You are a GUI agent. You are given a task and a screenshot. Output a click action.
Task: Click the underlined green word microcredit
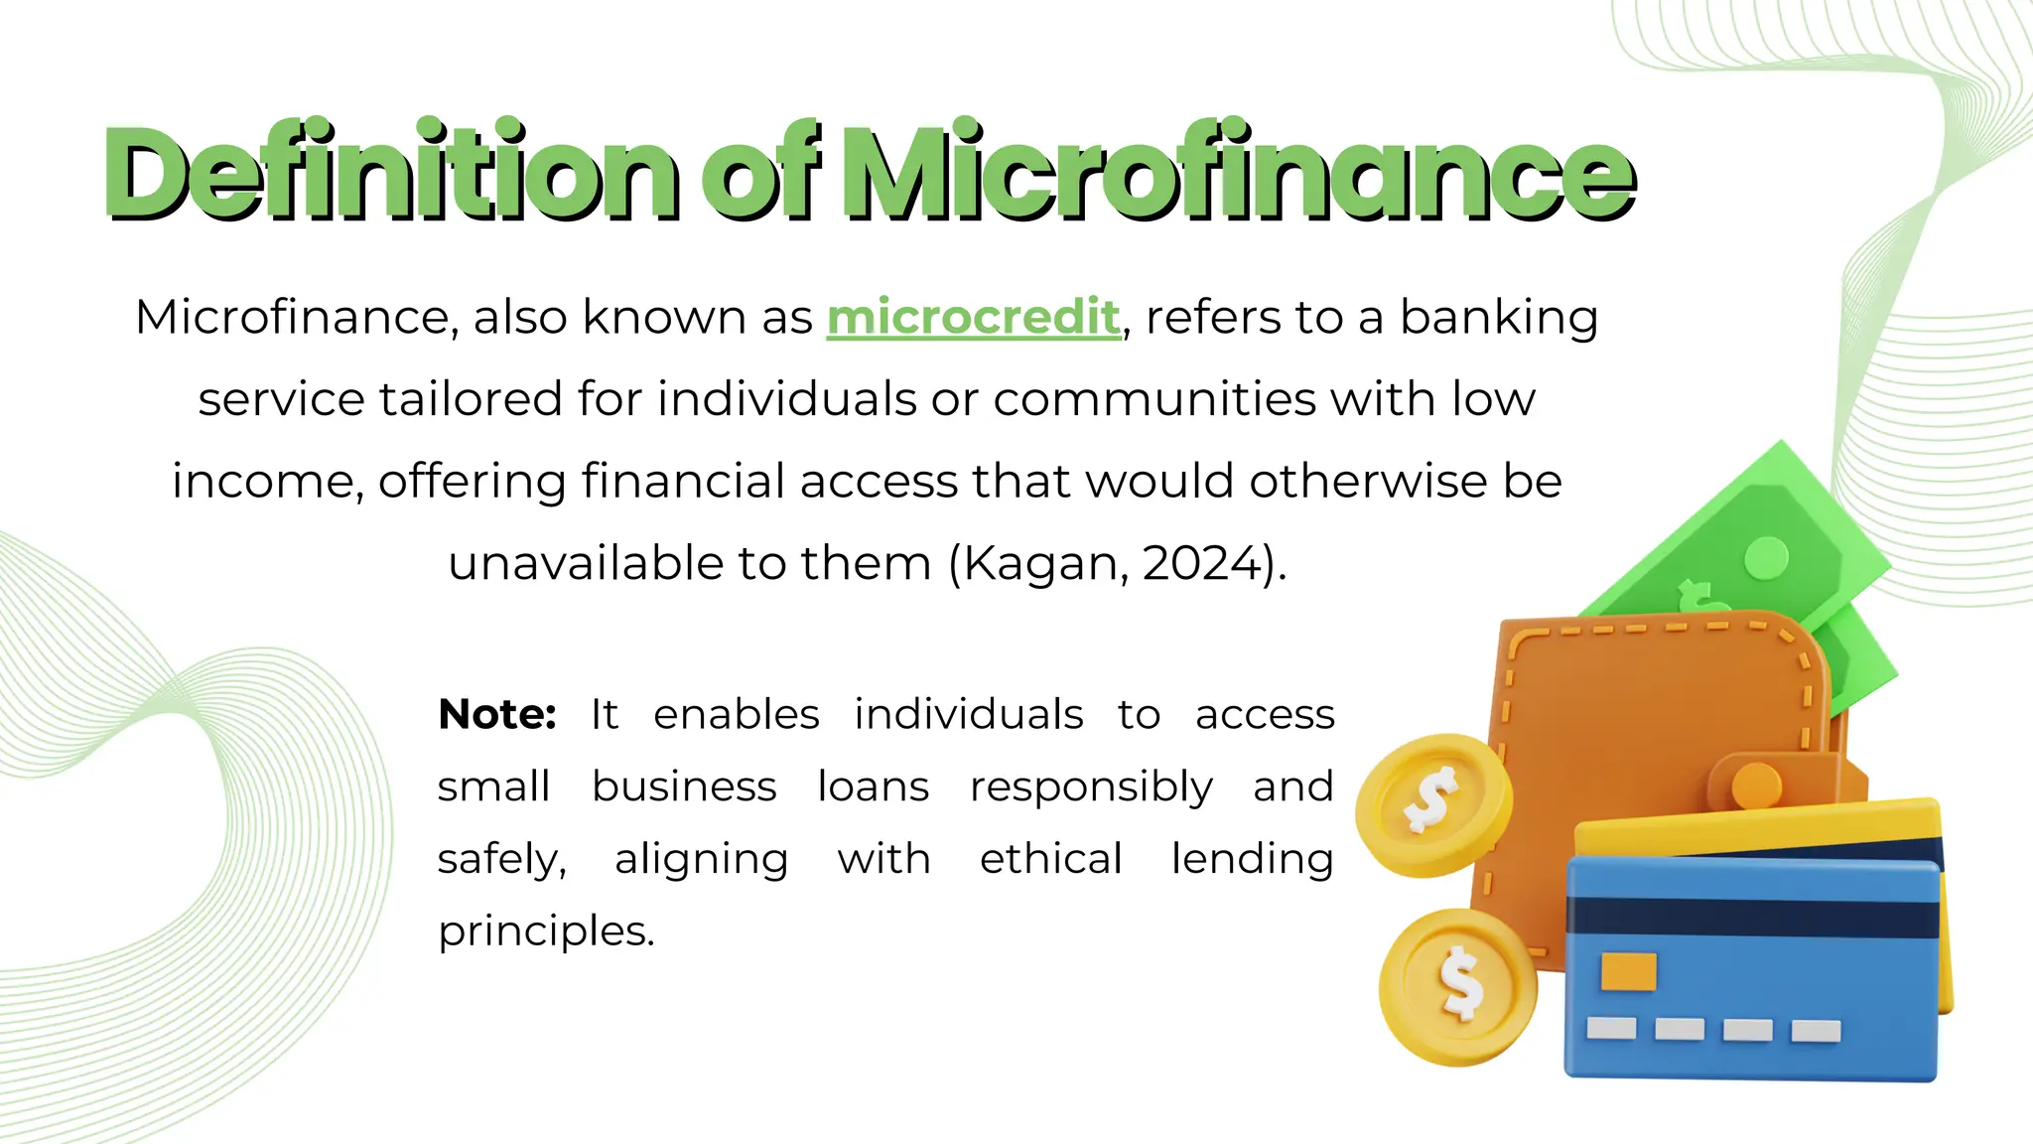point(973,318)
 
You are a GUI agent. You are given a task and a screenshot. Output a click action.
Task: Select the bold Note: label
point(497,715)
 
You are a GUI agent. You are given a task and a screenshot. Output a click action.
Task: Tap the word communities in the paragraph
point(1155,399)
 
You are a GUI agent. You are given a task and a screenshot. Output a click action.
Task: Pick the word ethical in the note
point(1050,859)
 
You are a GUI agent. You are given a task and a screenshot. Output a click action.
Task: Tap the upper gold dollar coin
point(1432,803)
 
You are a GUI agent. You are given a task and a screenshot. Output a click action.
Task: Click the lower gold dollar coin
point(1457,985)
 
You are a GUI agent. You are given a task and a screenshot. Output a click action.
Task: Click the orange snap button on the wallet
point(1755,786)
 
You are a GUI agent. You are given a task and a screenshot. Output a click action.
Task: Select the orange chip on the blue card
point(1628,971)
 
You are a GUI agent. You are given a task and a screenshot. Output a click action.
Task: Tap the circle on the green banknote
point(1766,558)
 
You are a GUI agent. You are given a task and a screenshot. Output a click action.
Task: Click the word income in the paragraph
point(259,482)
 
